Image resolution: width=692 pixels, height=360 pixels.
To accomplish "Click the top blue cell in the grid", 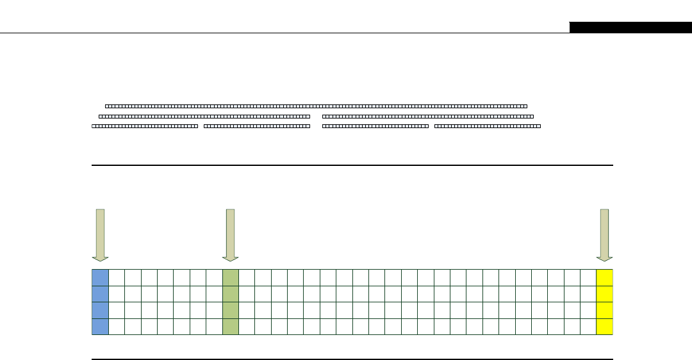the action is point(100,277).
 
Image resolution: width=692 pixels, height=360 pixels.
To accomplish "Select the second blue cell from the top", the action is point(100,293).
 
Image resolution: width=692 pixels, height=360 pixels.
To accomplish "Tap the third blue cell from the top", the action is point(100,310).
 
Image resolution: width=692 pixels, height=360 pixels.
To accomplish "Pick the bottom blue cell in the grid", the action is point(100,326).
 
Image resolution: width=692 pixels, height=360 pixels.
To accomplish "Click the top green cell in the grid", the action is point(231,277).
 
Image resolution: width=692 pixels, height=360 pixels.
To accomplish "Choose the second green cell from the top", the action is point(231,293).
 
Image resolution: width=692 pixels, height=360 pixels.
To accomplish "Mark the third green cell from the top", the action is point(231,310).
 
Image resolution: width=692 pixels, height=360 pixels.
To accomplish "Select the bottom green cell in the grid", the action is point(231,326).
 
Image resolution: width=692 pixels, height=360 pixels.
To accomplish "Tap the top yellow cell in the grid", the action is point(604,277).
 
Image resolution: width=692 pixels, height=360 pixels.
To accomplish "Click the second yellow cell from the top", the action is point(604,293).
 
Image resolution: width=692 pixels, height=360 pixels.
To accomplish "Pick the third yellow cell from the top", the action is point(604,310).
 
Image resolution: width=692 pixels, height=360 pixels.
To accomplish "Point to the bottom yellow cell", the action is point(604,326).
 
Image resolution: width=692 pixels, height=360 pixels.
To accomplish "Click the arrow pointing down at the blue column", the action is point(100,234).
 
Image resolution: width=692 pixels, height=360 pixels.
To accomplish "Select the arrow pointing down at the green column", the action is point(231,234).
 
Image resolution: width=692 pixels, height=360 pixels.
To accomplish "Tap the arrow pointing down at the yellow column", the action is point(604,234).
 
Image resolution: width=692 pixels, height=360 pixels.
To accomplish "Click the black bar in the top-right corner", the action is point(630,28).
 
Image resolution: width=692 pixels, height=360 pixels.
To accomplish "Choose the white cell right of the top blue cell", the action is point(117,277).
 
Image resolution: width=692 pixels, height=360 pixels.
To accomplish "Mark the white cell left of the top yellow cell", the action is point(588,277).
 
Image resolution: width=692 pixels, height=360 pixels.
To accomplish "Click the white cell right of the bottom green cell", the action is point(247,326).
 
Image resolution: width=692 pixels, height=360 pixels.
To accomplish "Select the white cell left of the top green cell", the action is point(214,277).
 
